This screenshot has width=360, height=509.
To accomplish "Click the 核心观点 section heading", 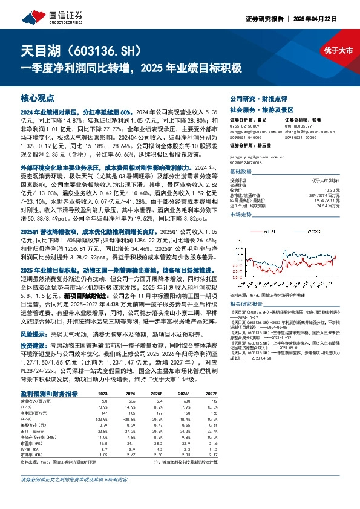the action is click(38, 97).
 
